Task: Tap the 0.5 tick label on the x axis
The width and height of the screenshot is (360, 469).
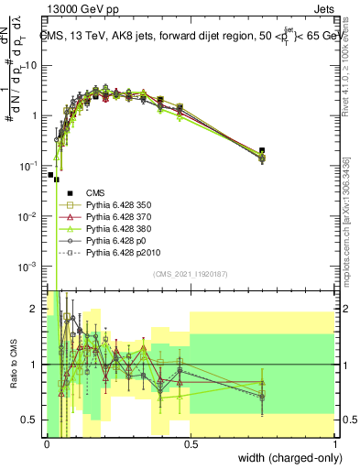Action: tap(191, 443)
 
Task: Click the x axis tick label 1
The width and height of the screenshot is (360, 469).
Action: tap(335, 443)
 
